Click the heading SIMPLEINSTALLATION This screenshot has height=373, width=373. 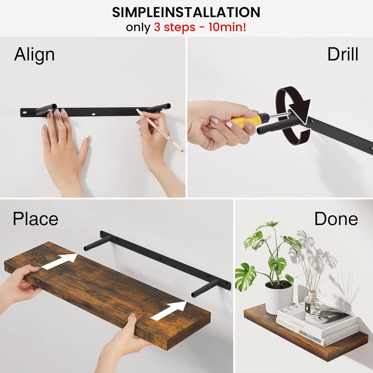click(186, 12)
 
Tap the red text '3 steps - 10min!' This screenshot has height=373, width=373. click(200, 27)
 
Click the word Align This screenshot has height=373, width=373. click(34, 55)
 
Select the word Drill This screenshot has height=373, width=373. click(343, 54)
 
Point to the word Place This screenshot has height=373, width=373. click(35, 219)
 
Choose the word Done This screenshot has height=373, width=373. click(336, 219)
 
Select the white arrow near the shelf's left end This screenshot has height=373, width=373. click(59, 261)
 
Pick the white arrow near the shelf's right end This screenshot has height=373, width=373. click(169, 310)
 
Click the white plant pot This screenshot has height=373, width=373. click(279, 297)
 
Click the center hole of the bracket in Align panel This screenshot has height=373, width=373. click(94, 114)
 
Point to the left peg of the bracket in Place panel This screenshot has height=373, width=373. click(97, 243)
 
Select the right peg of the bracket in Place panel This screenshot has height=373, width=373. click(205, 288)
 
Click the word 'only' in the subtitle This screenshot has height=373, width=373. click(138, 28)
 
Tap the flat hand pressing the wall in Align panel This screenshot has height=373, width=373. click(65, 150)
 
